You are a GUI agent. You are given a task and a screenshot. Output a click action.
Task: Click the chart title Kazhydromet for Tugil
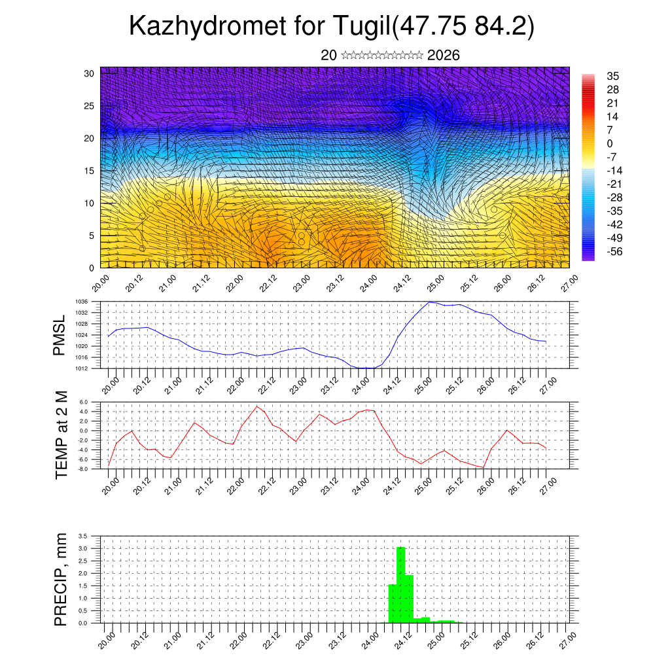click(332, 26)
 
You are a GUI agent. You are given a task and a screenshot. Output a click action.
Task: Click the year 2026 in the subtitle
click(443, 56)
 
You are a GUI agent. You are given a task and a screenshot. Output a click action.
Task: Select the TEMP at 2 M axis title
click(61, 435)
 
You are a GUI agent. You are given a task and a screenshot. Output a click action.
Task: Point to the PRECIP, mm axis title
click(61, 579)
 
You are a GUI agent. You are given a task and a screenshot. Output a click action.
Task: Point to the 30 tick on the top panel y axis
click(90, 73)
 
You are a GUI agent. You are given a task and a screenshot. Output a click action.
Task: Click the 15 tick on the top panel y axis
click(90, 171)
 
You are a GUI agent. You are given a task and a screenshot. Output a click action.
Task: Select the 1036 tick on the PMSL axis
click(82, 302)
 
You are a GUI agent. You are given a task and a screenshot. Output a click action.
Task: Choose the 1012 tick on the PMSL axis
click(82, 368)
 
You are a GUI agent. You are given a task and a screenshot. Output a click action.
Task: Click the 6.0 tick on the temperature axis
click(83, 402)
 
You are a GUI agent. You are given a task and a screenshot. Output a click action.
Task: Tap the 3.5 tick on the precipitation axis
click(83, 536)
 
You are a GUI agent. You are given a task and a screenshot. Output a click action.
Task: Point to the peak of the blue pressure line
click(429, 302)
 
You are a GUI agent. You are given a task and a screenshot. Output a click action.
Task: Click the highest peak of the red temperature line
click(257, 406)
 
